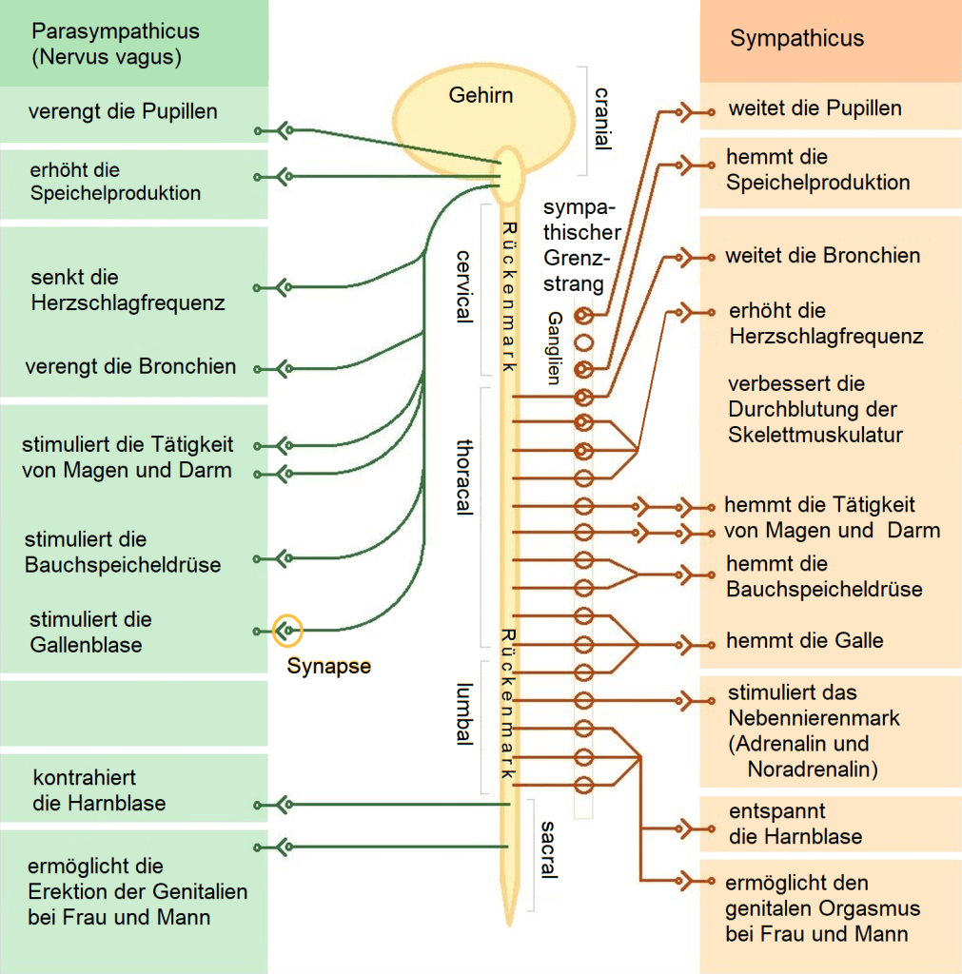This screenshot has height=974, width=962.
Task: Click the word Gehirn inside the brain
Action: [481, 95]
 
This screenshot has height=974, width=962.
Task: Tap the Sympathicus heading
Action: [796, 39]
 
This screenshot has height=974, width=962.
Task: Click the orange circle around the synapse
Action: [286, 630]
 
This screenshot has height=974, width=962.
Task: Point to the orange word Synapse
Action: [328, 667]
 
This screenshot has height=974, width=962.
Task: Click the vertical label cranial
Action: [601, 120]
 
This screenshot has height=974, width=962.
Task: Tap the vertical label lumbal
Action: [464, 714]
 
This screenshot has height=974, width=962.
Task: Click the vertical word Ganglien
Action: [555, 347]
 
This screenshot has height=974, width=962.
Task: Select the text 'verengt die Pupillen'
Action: [123, 111]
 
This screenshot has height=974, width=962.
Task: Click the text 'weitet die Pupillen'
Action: [815, 108]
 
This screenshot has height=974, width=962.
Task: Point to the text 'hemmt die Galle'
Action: [804, 640]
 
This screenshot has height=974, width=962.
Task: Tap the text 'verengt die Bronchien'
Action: [131, 366]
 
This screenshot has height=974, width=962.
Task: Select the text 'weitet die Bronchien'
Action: [822, 256]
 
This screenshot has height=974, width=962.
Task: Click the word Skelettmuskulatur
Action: [815, 435]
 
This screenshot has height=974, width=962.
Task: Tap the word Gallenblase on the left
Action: [86, 645]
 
